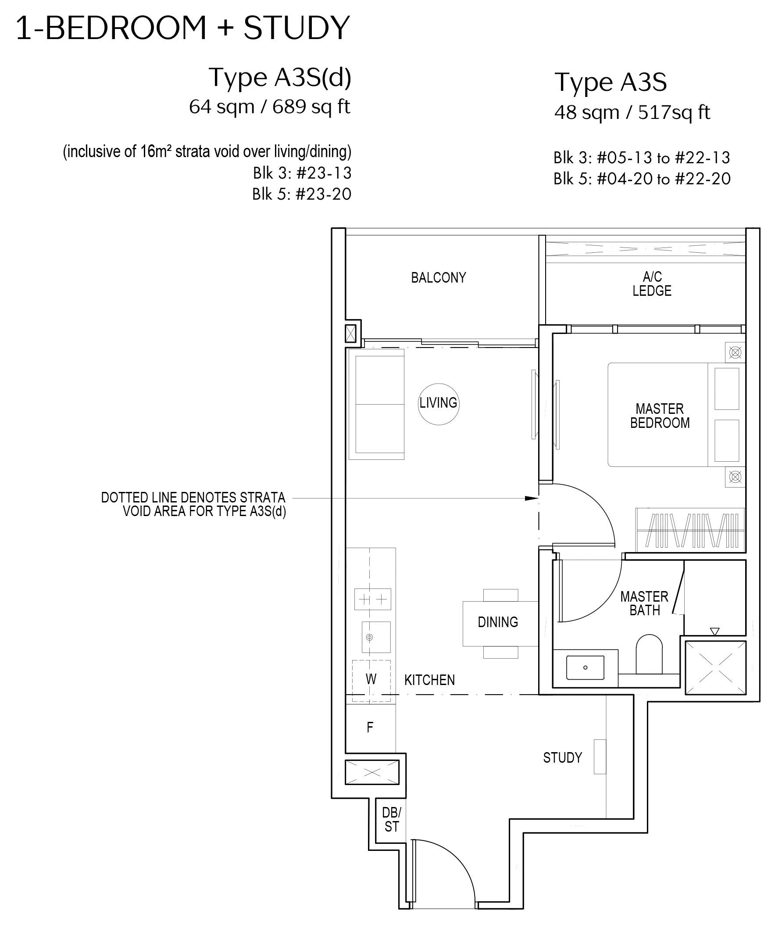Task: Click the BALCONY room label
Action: (439, 278)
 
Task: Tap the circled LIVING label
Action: (439, 403)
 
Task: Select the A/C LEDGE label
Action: (652, 284)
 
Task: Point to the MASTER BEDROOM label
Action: (660, 416)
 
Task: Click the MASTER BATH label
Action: (644, 603)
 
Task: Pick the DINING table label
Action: (498, 622)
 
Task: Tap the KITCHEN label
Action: (429, 680)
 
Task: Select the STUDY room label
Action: (563, 757)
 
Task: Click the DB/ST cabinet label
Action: (392, 819)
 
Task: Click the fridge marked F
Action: (370, 727)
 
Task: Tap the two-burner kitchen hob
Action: (372, 599)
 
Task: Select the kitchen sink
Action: (376, 637)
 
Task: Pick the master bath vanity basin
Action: (585, 667)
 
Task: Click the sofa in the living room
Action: (376, 404)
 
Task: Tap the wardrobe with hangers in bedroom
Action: (690, 530)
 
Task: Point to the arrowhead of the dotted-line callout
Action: (532, 498)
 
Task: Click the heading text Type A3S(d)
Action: (280, 77)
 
